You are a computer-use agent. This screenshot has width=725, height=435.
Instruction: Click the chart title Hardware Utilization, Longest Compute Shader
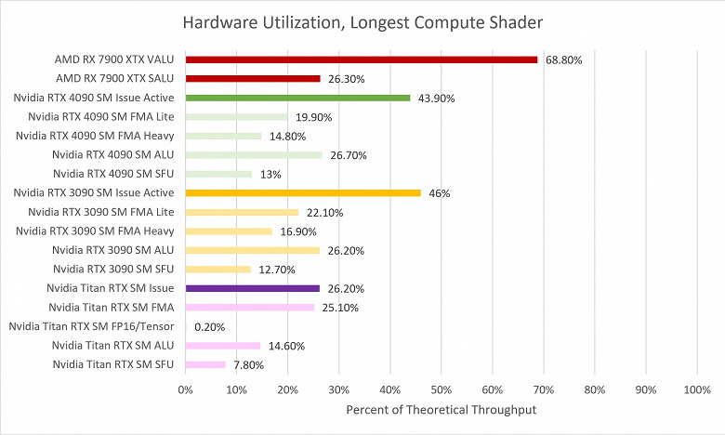(x=362, y=21)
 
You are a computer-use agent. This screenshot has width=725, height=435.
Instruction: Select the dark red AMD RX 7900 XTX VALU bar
(x=362, y=59)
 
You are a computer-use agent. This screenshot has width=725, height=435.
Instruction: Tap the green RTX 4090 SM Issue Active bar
(x=297, y=98)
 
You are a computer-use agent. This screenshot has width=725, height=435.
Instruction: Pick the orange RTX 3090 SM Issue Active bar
(x=303, y=192)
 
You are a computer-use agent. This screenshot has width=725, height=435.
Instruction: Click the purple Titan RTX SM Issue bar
(x=253, y=288)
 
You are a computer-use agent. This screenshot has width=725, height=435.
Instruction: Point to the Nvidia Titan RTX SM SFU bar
(x=205, y=364)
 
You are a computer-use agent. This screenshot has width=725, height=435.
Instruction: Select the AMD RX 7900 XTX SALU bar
(x=253, y=78)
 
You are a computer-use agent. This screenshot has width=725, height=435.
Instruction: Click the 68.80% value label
(x=563, y=60)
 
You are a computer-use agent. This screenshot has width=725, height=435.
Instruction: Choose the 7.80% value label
(x=248, y=365)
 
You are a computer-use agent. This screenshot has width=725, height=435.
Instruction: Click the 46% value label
(x=440, y=193)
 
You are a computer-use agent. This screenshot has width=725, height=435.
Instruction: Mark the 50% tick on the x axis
(x=442, y=389)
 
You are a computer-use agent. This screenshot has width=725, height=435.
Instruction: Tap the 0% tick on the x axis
(x=186, y=389)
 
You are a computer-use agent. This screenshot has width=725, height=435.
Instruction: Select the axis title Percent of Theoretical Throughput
(x=442, y=410)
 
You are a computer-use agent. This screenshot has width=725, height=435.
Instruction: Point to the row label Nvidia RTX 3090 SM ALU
(x=114, y=250)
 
